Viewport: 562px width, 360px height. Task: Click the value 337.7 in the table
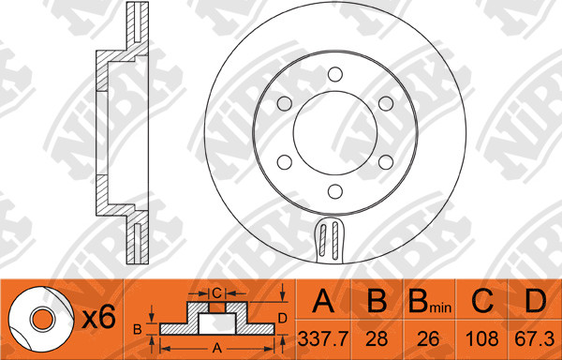323,338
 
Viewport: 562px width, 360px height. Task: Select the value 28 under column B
377,338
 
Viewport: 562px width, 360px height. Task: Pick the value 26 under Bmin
429,338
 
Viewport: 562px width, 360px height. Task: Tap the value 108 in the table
481,338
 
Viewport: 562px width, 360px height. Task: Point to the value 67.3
535,338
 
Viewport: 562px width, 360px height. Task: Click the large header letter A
323,301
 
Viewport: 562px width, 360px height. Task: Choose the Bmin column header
430,301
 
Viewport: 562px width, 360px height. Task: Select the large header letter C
482,301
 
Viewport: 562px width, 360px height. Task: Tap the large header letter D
535,301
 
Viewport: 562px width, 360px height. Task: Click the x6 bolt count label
98,317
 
